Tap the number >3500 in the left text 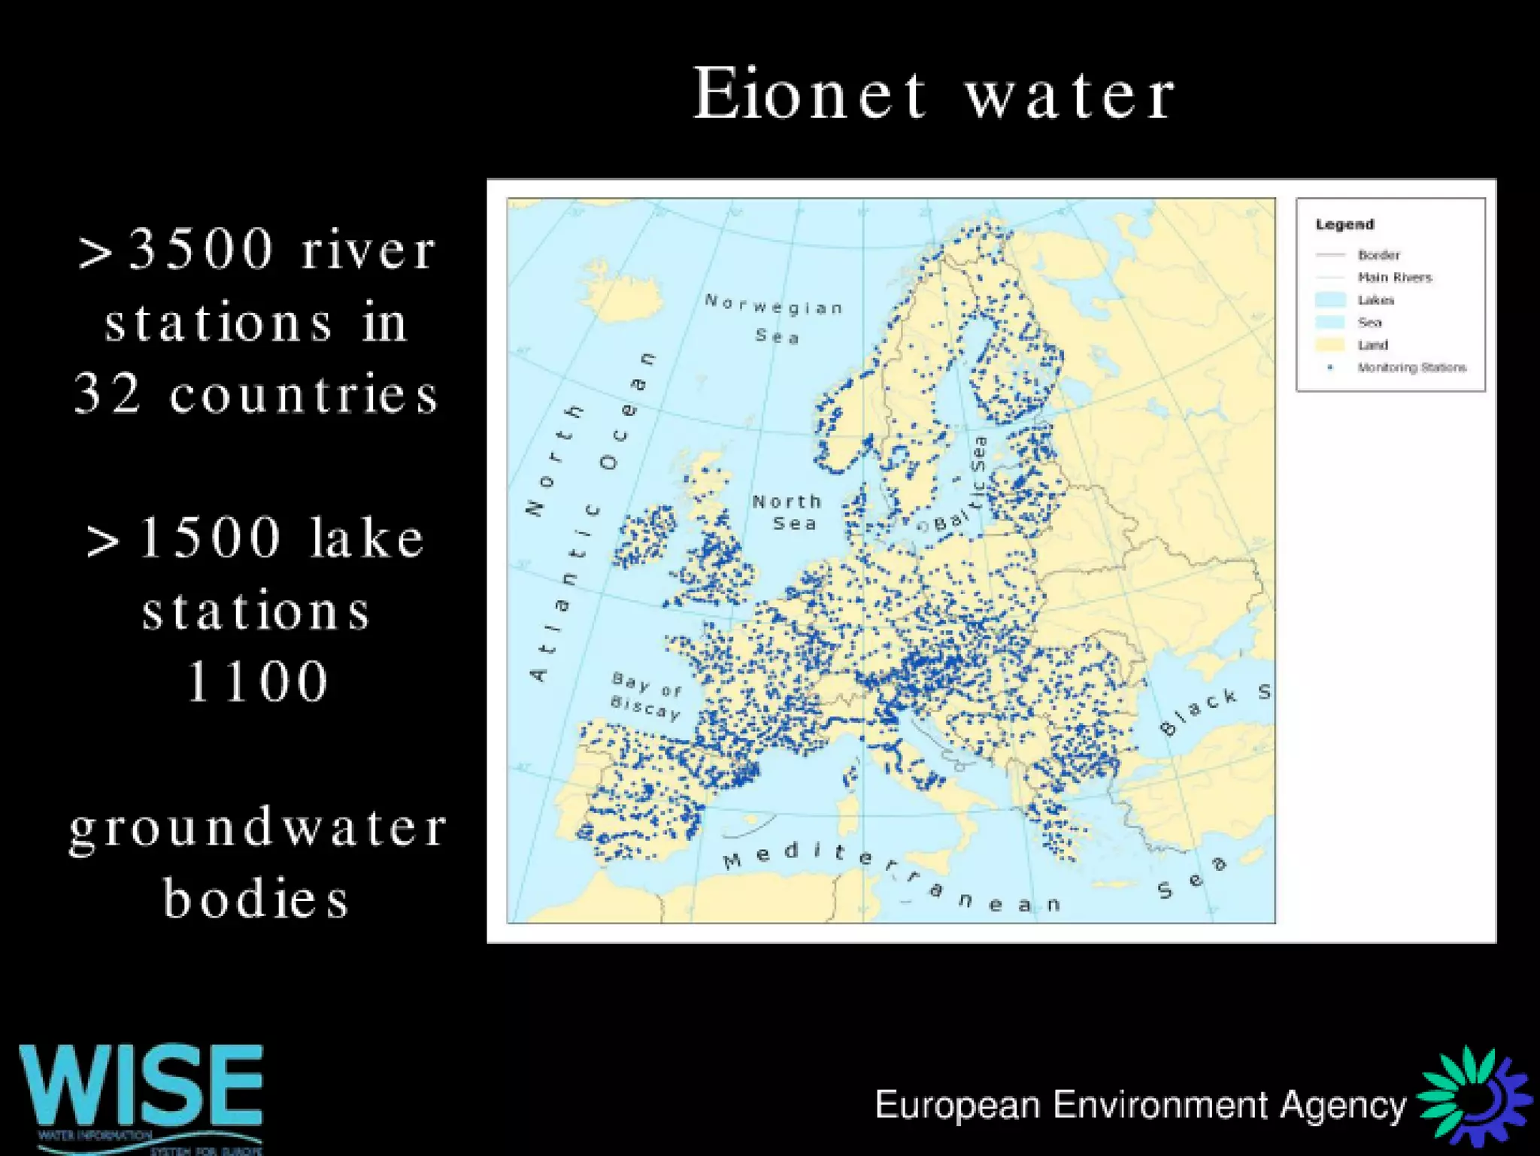pyautogui.click(x=177, y=250)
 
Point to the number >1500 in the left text pyautogui.click(x=185, y=539)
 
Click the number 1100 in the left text pyautogui.click(x=257, y=681)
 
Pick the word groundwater pyautogui.click(x=258, y=828)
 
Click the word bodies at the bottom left pyautogui.click(x=257, y=898)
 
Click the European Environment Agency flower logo pyautogui.click(x=1474, y=1099)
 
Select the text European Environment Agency pyautogui.click(x=1140, y=1106)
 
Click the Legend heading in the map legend pyautogui.click(x=1344, y=224)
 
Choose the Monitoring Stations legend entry pyautogui.click(x=1411, y=367)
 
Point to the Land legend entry pyautogui.click(x=1372, y=344)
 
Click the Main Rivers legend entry pyautogui.click(x=1394, y=277)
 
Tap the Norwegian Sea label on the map pyautogui.click(x=775, y=320)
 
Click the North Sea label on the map pyautogui.click(x=788, y=512)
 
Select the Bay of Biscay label pyautogui.click(x=647, y=696)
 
